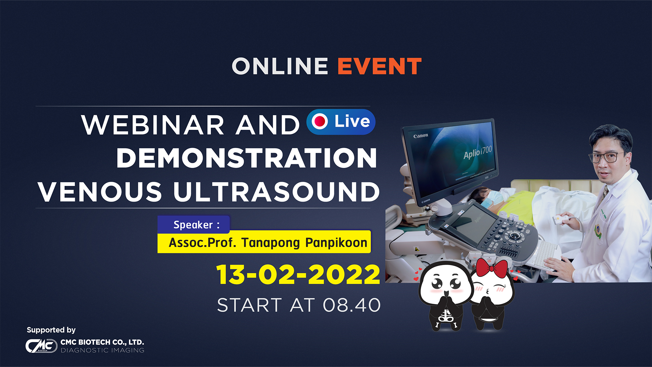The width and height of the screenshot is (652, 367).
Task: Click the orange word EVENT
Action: [x=379, y=66]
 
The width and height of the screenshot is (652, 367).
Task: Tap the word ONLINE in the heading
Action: [x=280, y=66]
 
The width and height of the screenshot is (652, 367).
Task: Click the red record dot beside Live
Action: [x=320, y=121]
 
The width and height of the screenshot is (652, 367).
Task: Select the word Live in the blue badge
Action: [x=352, y=121]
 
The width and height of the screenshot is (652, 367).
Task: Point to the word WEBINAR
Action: [x=153, y=125]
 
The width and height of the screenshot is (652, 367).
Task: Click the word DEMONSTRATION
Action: [x=247, y=158]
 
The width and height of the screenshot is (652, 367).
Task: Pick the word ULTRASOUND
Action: [x=276, y=192]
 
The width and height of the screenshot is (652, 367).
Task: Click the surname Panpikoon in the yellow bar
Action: [x=336, y=243]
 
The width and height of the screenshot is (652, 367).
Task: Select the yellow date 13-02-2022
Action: [x=298, y=275]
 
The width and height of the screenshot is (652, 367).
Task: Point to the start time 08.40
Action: [x=352, y=305]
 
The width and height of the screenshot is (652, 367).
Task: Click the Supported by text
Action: [x=51, y=330]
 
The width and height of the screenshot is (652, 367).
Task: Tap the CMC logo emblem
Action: [x=41, y=346]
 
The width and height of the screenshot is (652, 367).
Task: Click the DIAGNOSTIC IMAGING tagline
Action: [x=103, y=350]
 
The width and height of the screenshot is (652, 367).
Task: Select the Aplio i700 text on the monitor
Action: [x=477, y=152]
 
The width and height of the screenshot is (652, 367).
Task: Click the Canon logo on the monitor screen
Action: [x=421, y=136]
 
